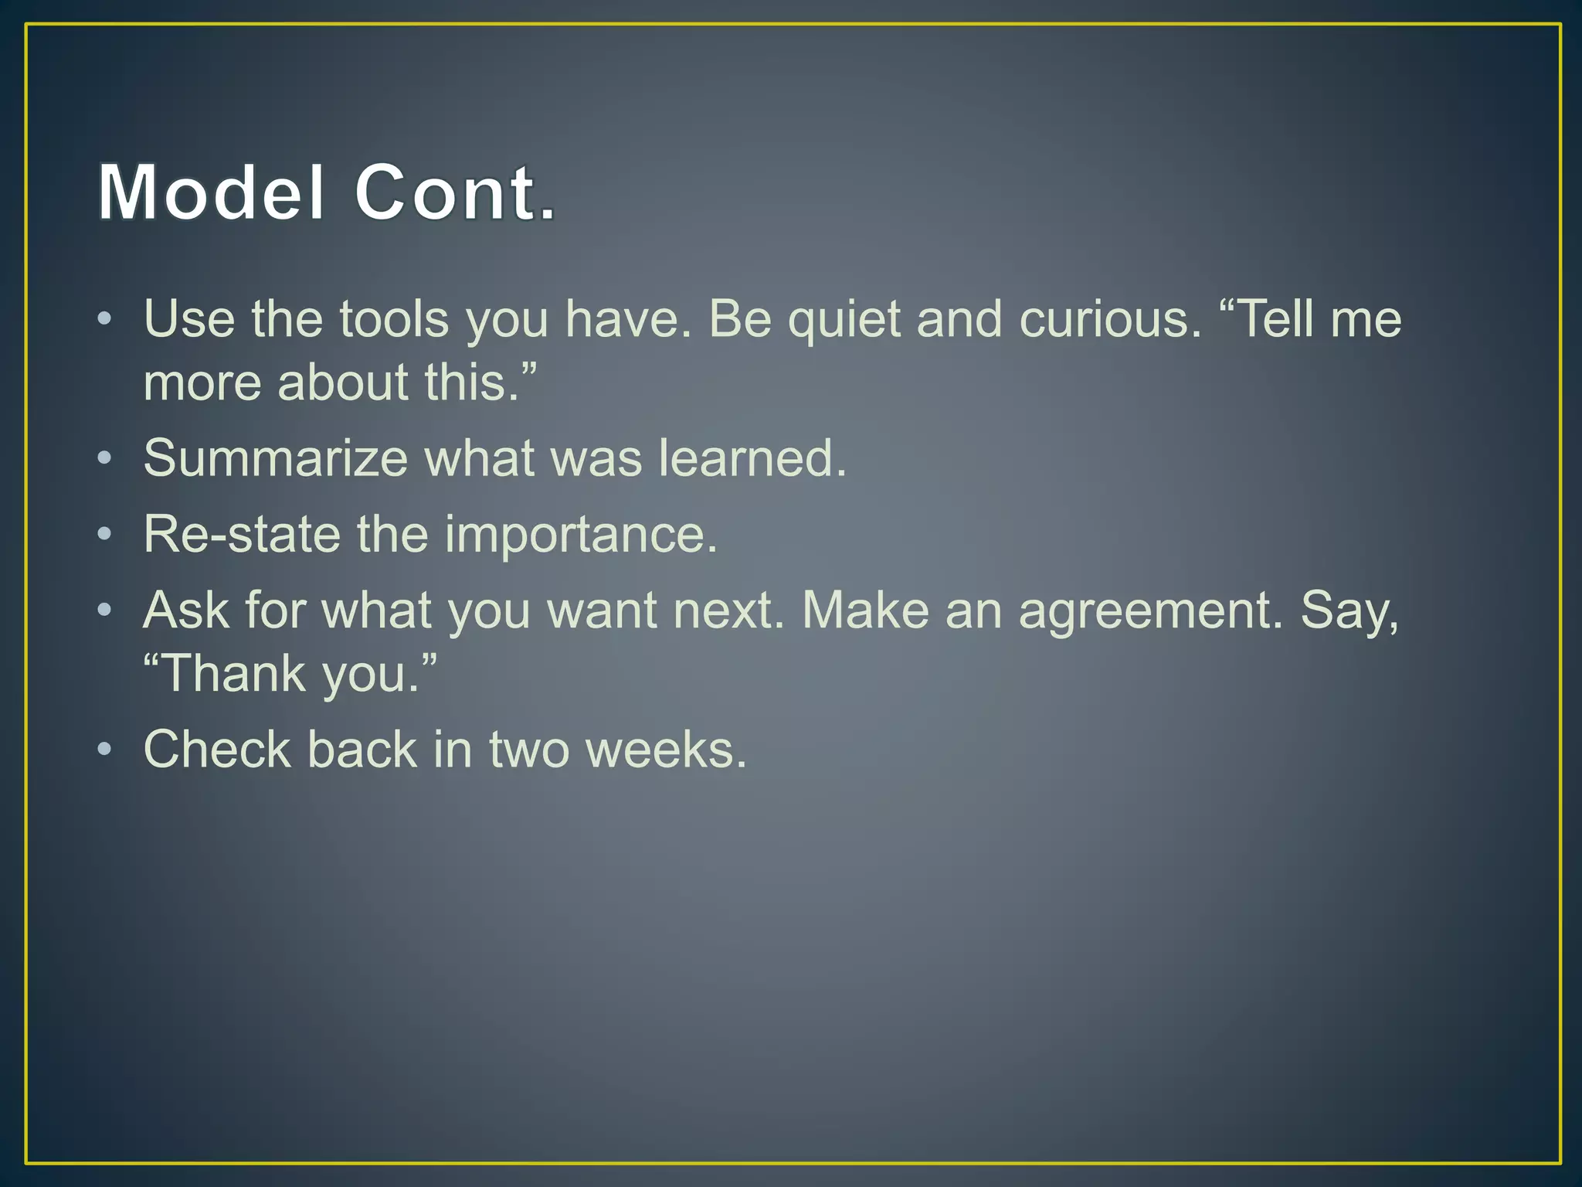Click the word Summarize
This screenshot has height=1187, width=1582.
pos(275,458)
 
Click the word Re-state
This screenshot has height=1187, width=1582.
pos(242,534)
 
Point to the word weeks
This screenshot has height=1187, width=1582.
pos(666,750)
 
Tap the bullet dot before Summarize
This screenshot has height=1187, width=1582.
pos(105,458)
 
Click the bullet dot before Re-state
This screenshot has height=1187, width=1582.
pos(105,534)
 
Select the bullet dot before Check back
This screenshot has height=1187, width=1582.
pos(105,750)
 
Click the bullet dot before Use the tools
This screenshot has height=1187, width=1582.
pos(105,319)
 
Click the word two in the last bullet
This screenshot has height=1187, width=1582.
pos(529,750)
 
